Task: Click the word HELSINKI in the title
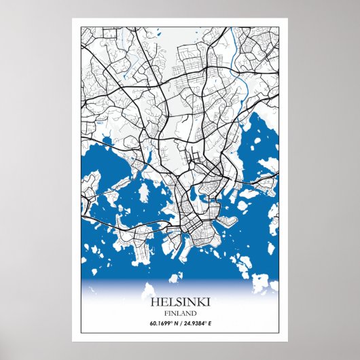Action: [x=179, y=302]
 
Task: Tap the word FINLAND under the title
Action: [x=179, y=313]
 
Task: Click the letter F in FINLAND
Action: [x=166, y=313]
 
